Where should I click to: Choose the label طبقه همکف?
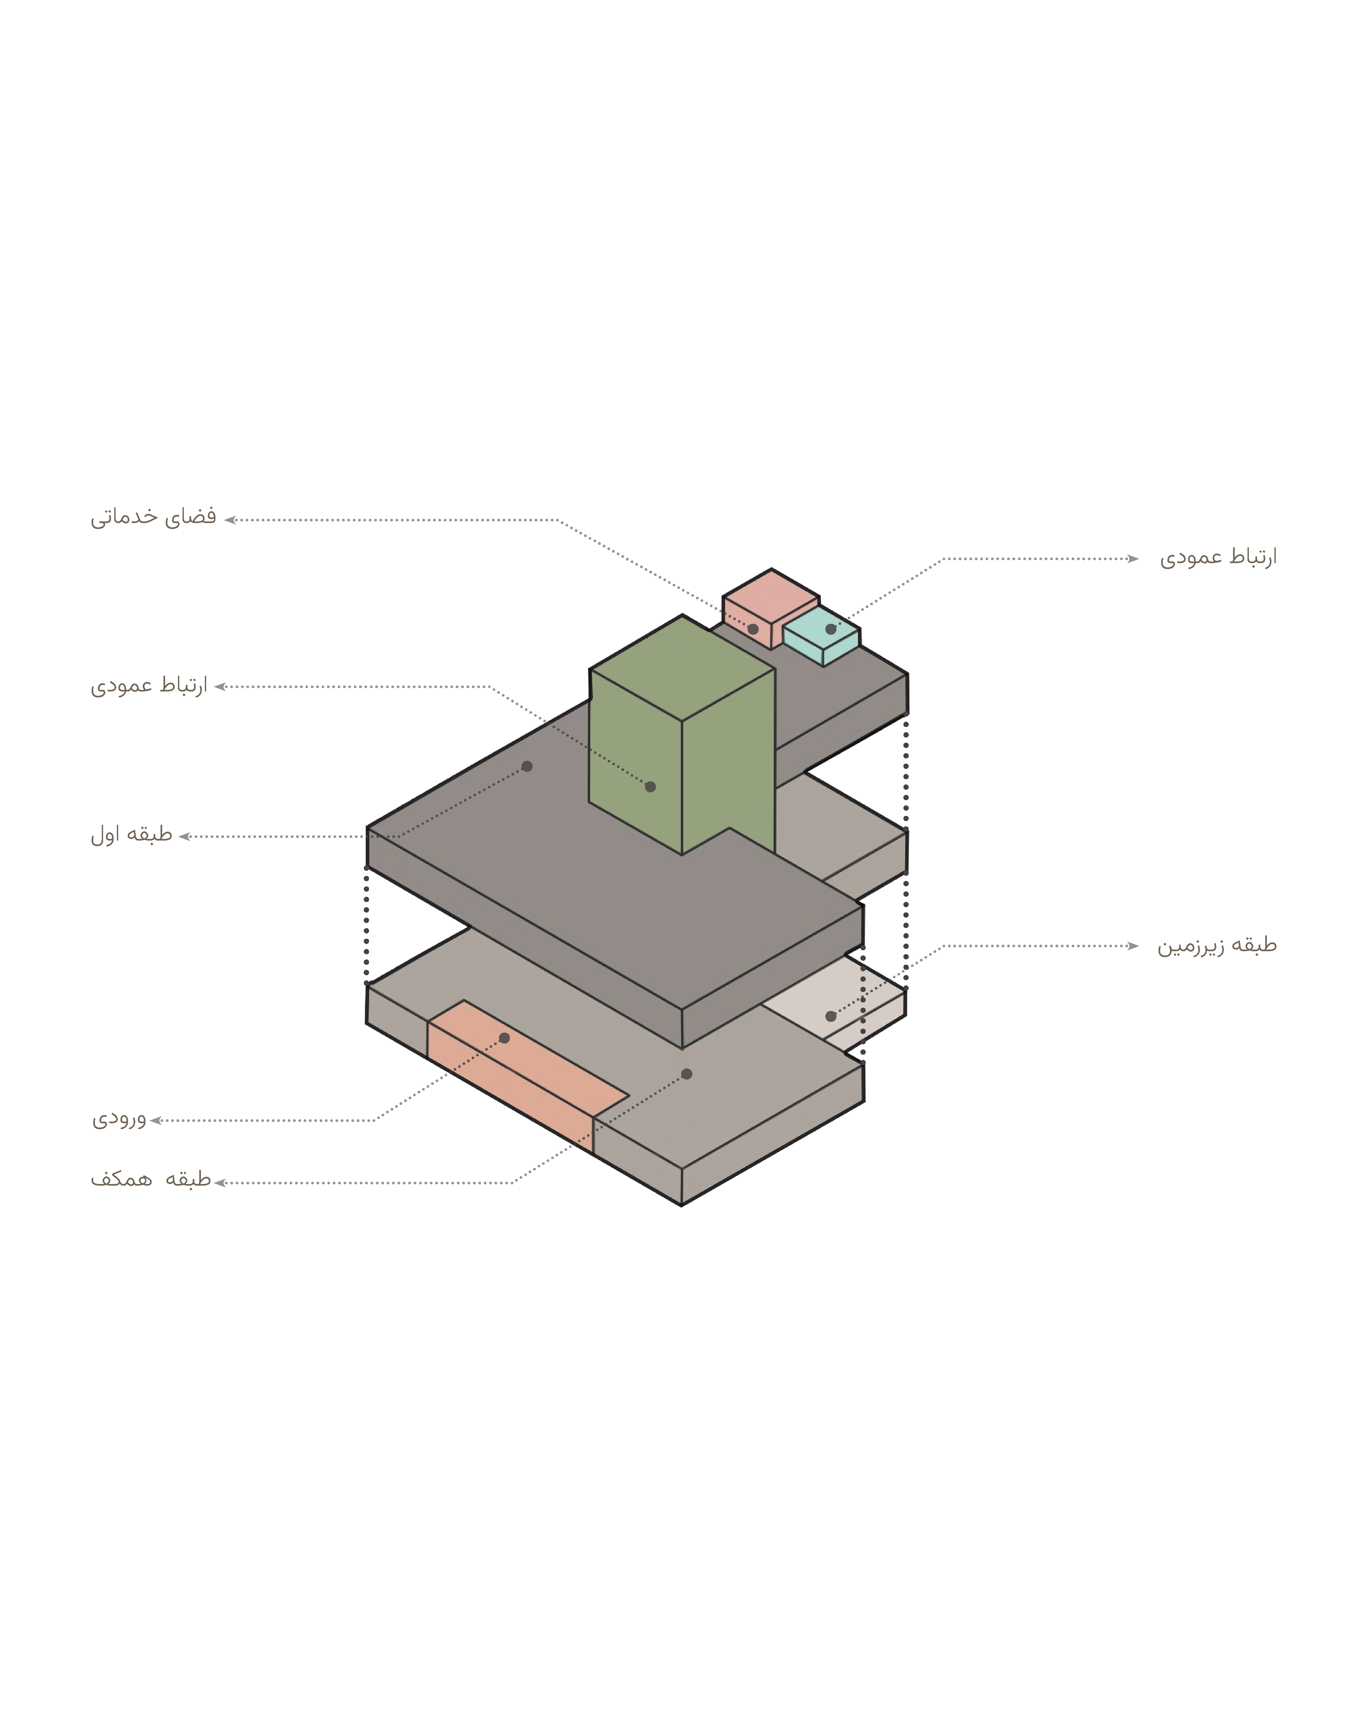point(151,1179)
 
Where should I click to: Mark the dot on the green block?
point(650,787)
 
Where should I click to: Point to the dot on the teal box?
point(830,629)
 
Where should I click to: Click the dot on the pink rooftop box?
point(753,629)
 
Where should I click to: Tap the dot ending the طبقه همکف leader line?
point(687,1074)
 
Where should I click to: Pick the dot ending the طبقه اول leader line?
point(527,766)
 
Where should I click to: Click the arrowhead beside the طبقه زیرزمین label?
point(1133,945)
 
